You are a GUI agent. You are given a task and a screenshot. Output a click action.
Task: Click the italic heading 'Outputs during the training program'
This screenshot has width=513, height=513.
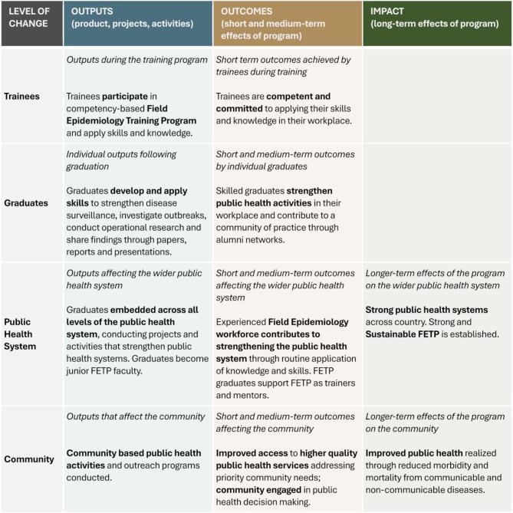(136, 59)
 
